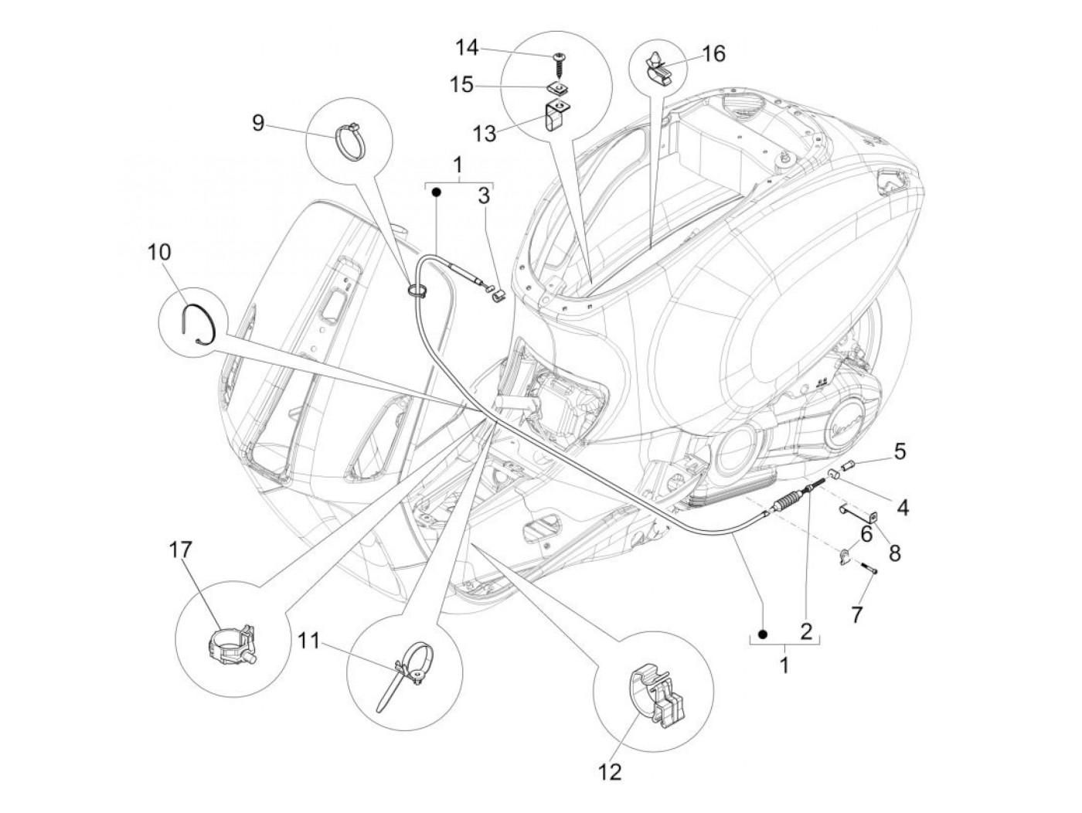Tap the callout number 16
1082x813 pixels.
click(x=713, y=53)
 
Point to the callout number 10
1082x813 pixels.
click(x=161, y=252)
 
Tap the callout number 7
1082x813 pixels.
click(x=856, y=615)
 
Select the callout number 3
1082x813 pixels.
click(x=484, y=196)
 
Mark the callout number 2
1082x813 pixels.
click(x=806, y=631)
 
